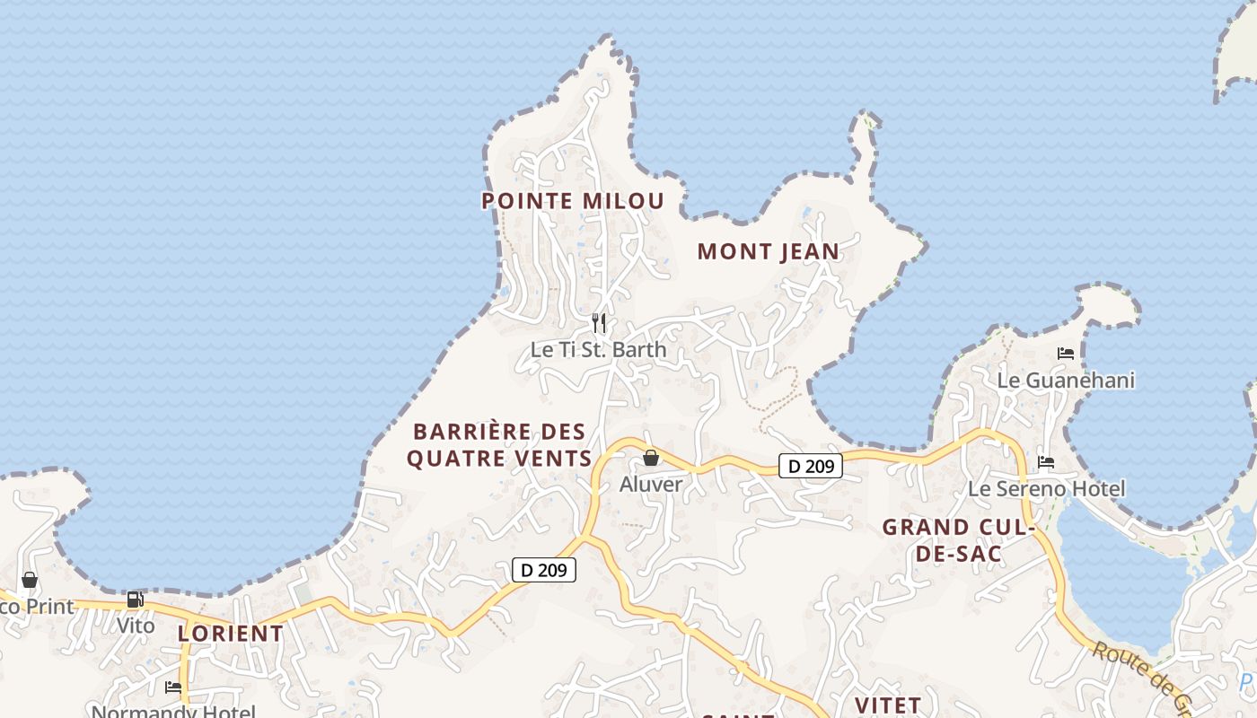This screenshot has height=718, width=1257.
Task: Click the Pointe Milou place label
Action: tap(573, 201)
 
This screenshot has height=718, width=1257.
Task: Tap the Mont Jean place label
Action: tap(768, 252)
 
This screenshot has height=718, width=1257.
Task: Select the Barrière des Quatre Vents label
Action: tap(499, 445)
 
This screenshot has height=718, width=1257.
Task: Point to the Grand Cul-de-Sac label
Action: tap(958, 540)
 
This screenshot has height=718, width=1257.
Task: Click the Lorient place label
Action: tap(230, 633)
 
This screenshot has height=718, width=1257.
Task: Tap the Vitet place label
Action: tap(888, 705)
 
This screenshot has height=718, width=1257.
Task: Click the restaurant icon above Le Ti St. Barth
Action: tap(599, 323)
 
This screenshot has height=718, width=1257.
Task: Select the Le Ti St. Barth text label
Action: tap(599, 350)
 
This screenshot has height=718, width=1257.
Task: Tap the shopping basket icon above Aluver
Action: tap(651, 459)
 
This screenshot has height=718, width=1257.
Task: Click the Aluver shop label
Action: tap(651, 485)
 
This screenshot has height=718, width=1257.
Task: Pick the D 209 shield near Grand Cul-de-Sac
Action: tap(810, 466)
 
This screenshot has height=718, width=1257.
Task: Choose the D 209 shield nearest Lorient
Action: tap(543, 570)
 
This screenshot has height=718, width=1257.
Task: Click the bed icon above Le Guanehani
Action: tap(1066, 354)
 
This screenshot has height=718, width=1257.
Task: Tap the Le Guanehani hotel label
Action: tap(1066, 381)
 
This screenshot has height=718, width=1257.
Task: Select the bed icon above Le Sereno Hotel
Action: tap(1046, 462)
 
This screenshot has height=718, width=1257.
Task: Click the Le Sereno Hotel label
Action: tap(1046, 489)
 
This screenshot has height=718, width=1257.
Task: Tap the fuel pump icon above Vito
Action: tap(135, 600)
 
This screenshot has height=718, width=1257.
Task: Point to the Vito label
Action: tap(136, 625)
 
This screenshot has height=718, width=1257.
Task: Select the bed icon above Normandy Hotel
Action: tap(173, 687)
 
